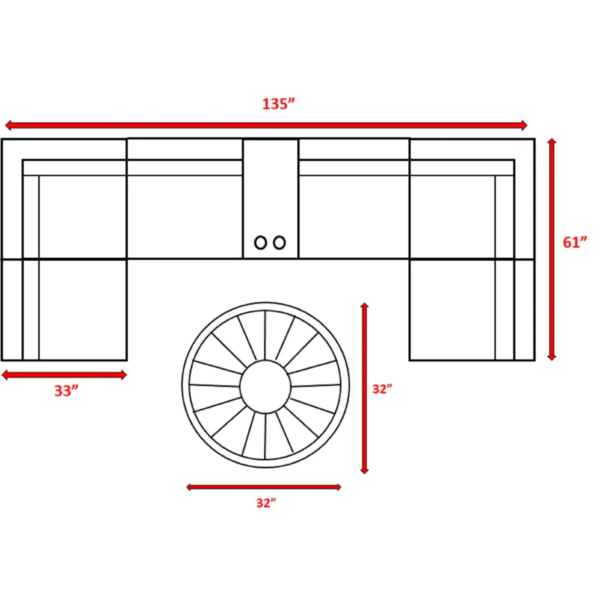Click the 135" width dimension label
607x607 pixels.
(278, 104)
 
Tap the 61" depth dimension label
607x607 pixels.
(575, 242)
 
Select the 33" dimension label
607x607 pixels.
(66, 391)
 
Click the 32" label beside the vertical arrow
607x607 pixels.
(382, 389)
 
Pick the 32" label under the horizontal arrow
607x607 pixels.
(266, 503)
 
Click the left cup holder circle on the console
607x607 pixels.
(260, 243)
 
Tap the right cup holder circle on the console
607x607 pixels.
(279, 243)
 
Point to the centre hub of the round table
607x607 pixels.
(265, 386)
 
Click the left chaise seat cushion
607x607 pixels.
(83, 310)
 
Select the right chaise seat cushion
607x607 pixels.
(452, 310)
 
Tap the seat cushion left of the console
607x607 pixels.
(185, 216)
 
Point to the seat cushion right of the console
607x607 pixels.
(354, 216)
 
